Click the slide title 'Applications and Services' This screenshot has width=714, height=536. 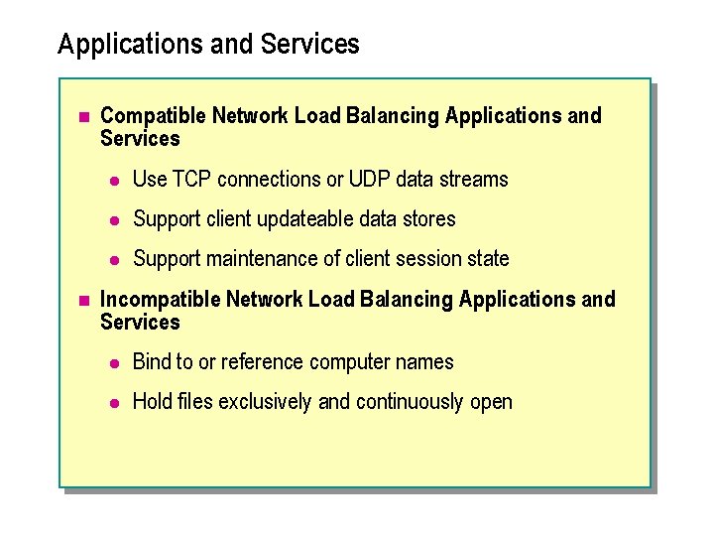[x=208, y=45]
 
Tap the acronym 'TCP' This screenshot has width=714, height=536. [x=192, y=180]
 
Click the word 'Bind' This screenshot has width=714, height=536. [x=152, y=362]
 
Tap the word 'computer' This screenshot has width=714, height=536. [x=346, y=362]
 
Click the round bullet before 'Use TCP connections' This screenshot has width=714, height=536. [x=115, y=181]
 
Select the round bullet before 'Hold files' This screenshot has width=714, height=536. [x=115, y=403]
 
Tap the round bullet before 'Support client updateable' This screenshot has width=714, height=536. [x=115, y=220]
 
